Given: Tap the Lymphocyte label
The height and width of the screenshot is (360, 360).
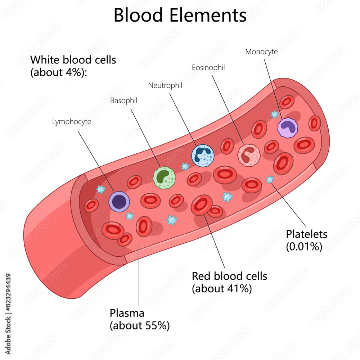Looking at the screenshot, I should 72,122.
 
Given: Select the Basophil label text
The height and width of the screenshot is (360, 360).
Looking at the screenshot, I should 124,101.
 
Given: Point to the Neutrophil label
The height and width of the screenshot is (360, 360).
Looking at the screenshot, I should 165,85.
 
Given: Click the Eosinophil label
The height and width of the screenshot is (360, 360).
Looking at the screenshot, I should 208,67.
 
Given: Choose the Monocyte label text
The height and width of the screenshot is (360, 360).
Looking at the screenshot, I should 261,51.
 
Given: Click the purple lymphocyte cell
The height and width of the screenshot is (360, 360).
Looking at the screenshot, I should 119,202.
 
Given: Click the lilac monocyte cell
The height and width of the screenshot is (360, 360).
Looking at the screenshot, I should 288,127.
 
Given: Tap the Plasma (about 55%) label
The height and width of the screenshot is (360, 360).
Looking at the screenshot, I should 139,319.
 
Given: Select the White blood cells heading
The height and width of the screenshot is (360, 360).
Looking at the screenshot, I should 73,66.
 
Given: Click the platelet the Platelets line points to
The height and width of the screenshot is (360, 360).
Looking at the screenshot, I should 270,179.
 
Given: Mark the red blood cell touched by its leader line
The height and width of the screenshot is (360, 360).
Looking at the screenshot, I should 202,205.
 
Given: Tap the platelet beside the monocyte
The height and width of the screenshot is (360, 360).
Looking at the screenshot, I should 275,114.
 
